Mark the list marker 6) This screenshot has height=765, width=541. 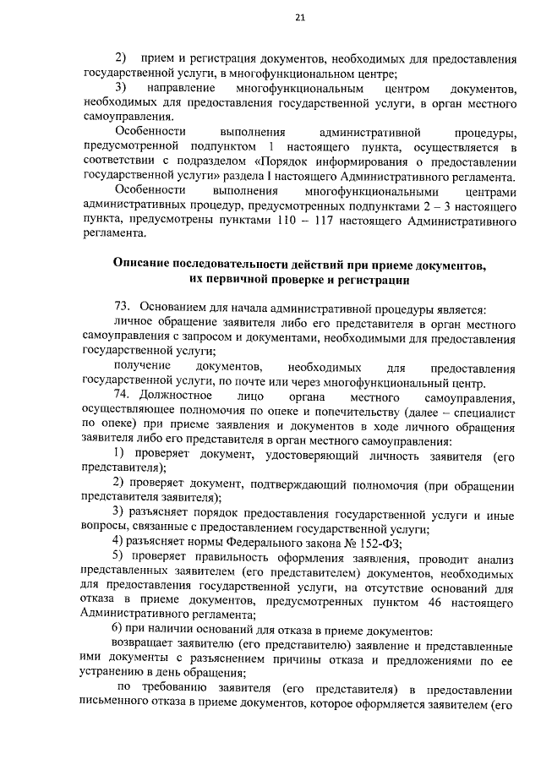(x=118, y=631)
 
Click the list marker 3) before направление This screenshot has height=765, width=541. (x=120, y=89)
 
